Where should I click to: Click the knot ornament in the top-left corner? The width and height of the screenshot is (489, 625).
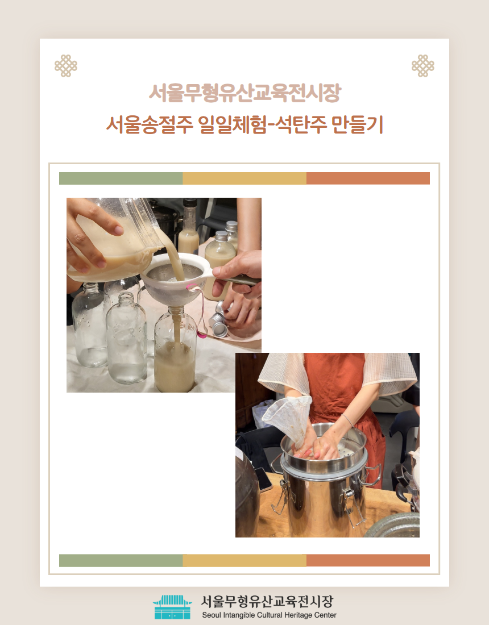pyautogui.click(x=66, y=66)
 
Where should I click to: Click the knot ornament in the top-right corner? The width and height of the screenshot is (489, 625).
pyautogui.click(x=422, y=66)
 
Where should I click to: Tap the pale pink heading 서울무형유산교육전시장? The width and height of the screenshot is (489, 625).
pyautogui.click(x=244, y=93)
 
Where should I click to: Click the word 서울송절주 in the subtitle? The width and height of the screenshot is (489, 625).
pyautogui.click(x=150, y=124)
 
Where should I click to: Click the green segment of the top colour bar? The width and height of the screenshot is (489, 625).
pyautogui.click(x=121, y=178)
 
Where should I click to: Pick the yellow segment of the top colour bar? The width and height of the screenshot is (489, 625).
pyautogui.click(x=244, y=178)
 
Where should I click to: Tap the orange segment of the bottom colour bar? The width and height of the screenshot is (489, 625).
pyautogui.click(x=368, y=560)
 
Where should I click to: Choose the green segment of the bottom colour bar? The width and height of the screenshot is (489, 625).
pyautogui.click(x=121, y=560)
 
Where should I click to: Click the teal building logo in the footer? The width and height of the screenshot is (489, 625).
pyautogui.click(x=173, y=607)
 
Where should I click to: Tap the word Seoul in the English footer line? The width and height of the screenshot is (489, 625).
pyautogui.click(x=212, y=615)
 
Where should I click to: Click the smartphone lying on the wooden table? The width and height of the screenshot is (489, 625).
pyautogui.click(x=263, y=481)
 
